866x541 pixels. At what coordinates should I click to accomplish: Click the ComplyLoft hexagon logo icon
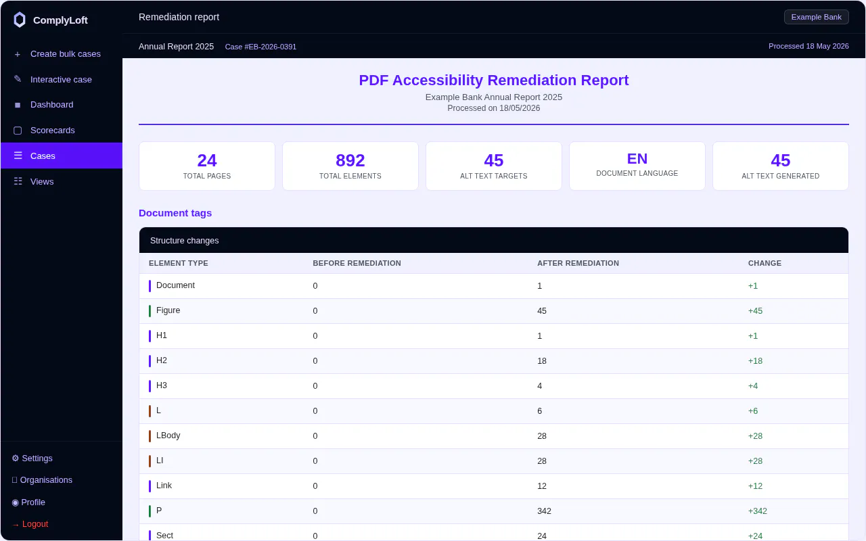(x=20, y=20)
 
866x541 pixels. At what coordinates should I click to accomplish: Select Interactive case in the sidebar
(x=62, y=80)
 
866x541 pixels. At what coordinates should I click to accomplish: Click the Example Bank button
(x=816, y=17)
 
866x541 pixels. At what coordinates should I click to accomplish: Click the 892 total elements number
(x=350, y=160)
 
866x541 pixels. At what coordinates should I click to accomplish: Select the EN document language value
(x=637, y=159)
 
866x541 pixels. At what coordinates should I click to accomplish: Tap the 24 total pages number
(x=207, y=160)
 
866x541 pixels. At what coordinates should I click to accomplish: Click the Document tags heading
(x=175, y=213)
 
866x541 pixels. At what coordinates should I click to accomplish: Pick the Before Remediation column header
(x=357, y=263)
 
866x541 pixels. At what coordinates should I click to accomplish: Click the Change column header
(x=765, y=263)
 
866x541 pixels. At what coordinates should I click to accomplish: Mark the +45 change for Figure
(x=755, y=311)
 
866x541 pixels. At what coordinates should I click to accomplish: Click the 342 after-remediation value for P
(x=544, y=511)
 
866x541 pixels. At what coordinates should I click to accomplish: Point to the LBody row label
(x=168, y=436)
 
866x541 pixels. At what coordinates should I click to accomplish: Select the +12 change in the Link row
(x=755, y=486)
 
